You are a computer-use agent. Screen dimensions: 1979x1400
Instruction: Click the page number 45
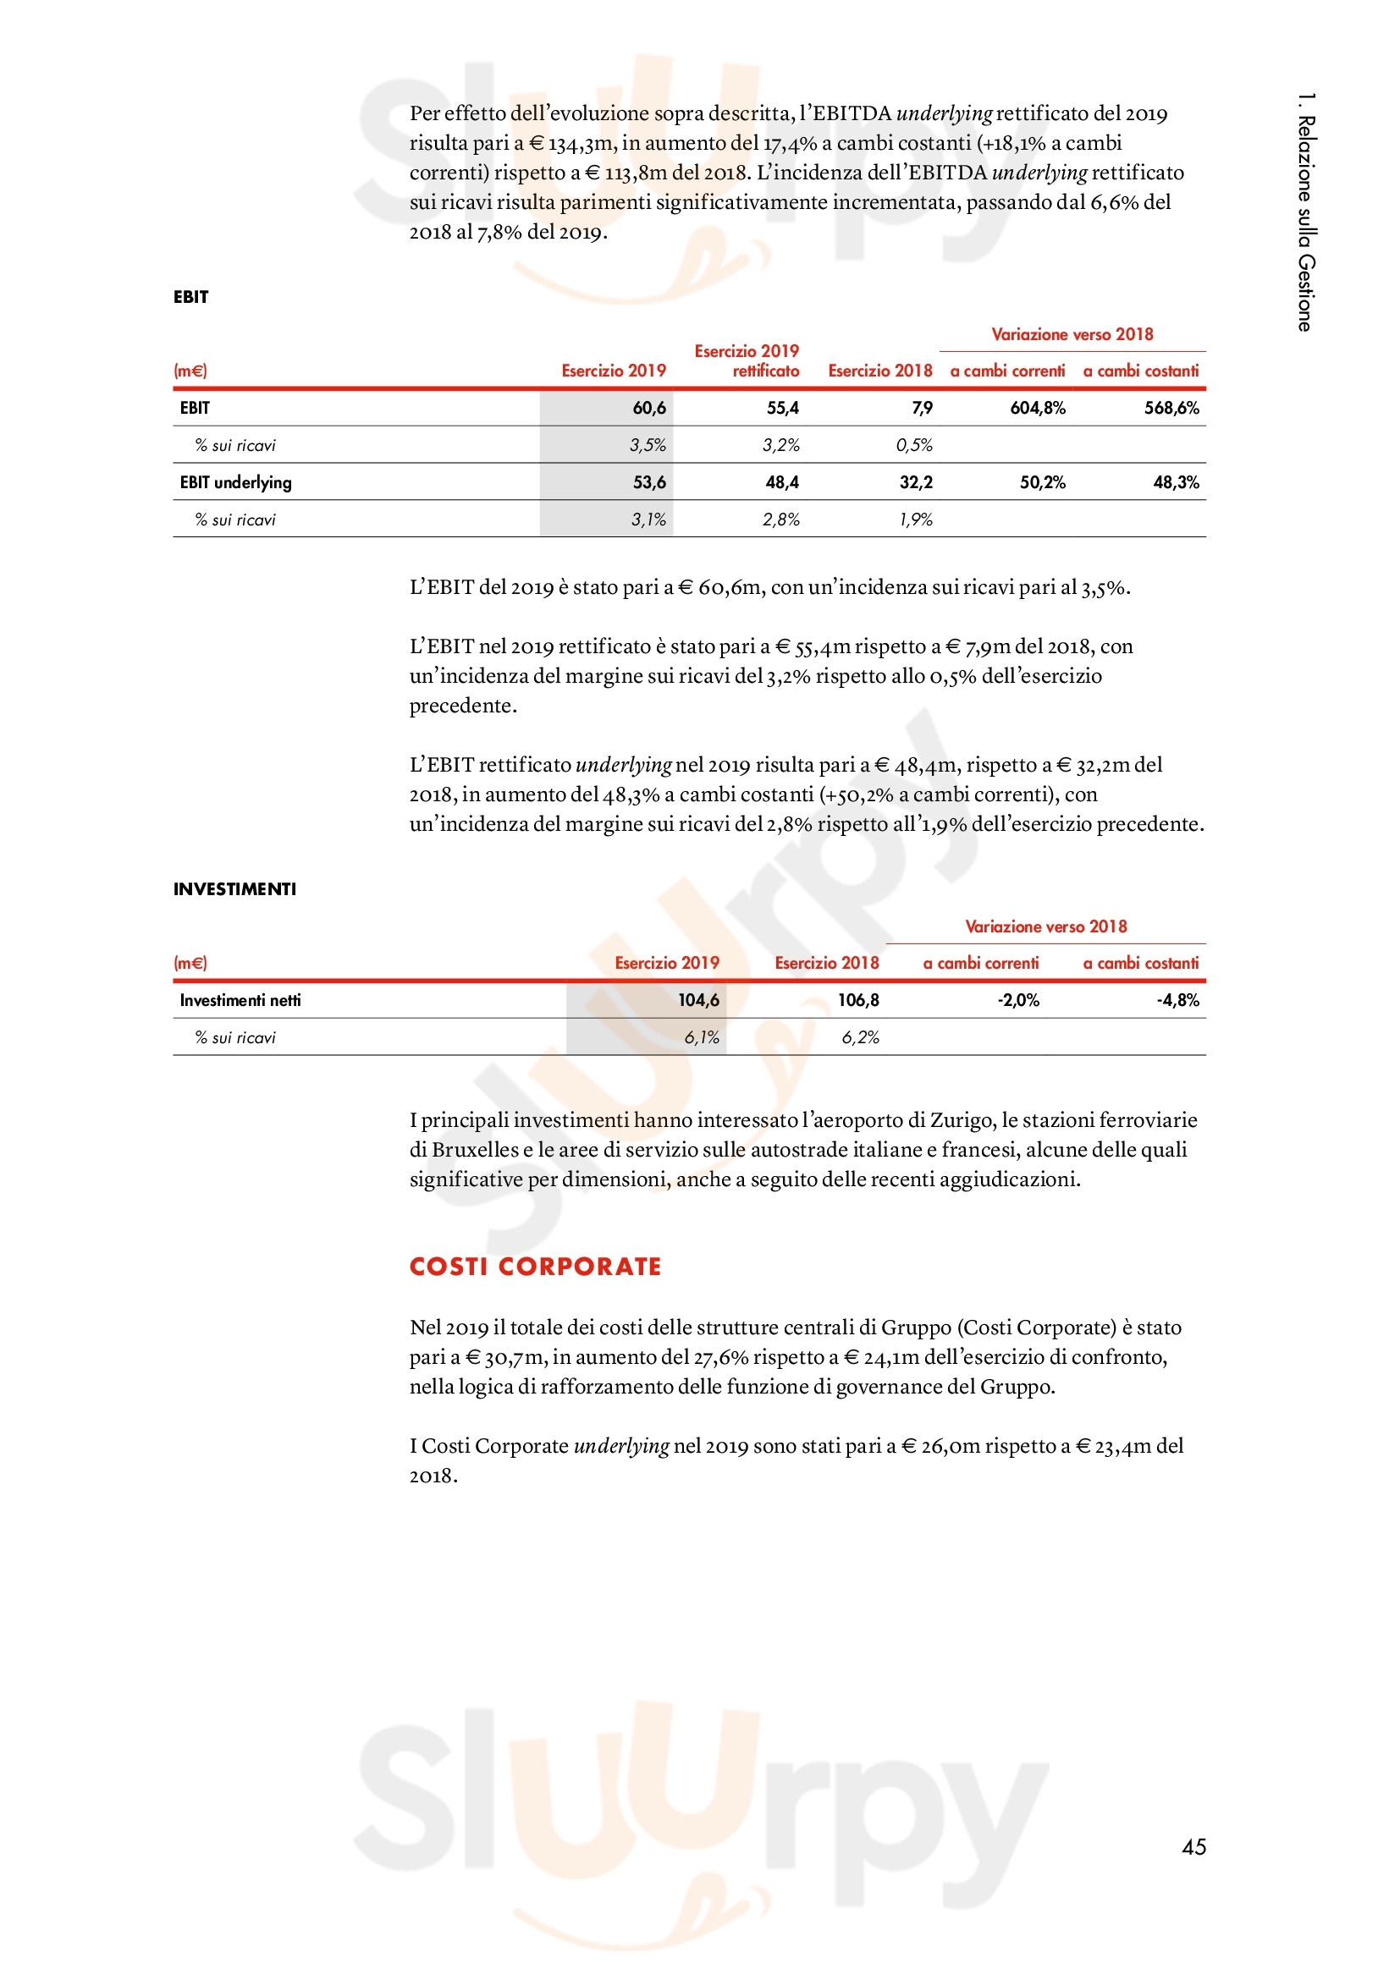(1193, 1846)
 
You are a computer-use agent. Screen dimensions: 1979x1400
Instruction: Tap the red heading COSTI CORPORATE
(534, 1267)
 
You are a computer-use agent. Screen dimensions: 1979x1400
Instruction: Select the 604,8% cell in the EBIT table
(1037, 408)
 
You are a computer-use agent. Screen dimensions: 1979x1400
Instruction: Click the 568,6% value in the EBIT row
(1171, 408)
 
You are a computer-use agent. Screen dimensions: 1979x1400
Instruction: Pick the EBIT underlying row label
(235, 482)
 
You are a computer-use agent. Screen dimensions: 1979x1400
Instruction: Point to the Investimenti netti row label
(240, 1000)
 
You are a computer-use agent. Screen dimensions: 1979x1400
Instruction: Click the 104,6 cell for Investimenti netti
(697, 1000)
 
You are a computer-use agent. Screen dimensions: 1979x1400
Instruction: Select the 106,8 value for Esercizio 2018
(857, 1000)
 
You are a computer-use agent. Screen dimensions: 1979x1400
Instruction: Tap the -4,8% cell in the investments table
(1177, 1000)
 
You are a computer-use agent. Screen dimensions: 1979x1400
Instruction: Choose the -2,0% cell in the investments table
(1018, 1000)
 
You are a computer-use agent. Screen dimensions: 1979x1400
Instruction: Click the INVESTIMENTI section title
(234, 888)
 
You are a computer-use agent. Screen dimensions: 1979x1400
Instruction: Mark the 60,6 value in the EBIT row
(649, 408)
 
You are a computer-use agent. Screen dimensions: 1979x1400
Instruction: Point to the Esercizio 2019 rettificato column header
(747, 360)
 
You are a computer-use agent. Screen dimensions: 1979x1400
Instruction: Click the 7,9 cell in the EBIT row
(922, 408)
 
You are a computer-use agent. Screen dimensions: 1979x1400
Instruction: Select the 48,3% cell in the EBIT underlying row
(1176, 482)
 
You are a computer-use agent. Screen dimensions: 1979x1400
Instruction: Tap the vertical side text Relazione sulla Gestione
(1306, 212)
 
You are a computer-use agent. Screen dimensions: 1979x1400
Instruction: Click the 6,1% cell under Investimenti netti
(701, 1038)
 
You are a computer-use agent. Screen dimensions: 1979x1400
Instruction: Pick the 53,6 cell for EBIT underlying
(649, 482)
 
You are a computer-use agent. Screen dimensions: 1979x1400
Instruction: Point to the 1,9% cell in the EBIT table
(916, 519)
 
